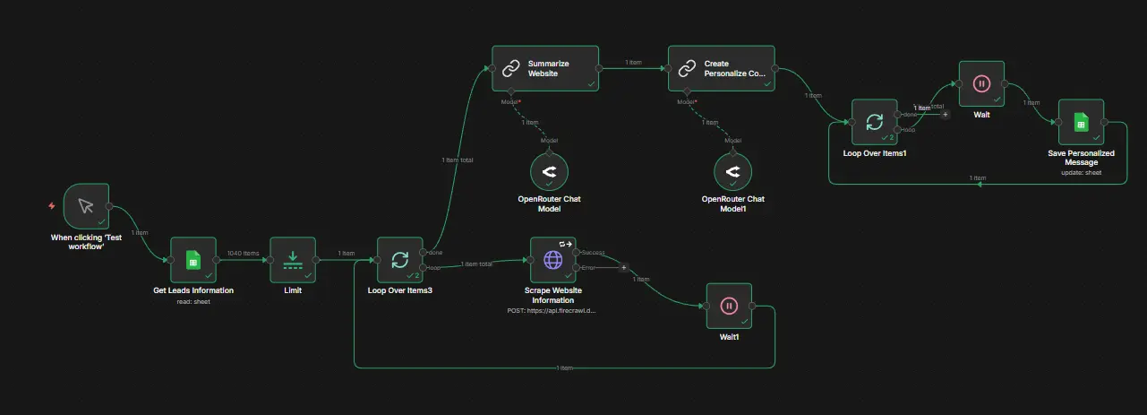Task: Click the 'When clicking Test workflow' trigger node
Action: (86, 206)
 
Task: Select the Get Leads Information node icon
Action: (193, 260)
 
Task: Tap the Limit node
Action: (293, 260)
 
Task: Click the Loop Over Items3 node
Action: (399, 260)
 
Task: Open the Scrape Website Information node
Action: (552, 260)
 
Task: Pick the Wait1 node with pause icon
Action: (729, 307)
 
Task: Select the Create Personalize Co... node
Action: (721, 68)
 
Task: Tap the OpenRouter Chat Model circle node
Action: (549, 171)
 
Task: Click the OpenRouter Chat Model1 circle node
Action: (732, 171)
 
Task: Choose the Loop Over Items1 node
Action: (875, 121)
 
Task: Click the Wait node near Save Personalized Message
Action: (981, 84)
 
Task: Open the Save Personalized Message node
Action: (1081, 123)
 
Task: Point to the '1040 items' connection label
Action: (243, 254)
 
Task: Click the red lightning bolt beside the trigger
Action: (51, 206)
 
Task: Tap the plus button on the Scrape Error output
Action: (624, 267)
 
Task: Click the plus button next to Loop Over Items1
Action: (946, 115)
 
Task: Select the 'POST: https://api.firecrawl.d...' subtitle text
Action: (552, 310)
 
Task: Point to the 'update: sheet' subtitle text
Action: (1081, 174)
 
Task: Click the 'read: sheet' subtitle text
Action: (193, 301)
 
